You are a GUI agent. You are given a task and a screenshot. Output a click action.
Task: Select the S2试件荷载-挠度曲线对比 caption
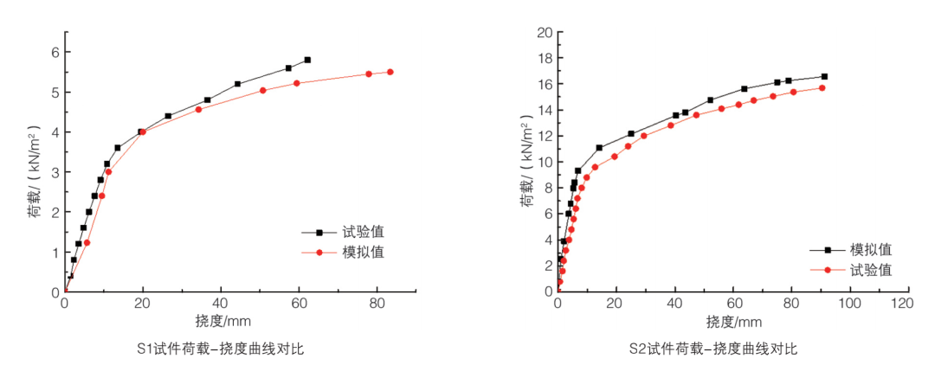tap(713, 349)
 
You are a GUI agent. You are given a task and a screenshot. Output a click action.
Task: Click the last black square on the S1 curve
tap(307, 60)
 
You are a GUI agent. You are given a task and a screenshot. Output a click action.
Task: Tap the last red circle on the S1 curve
tap(390, 72)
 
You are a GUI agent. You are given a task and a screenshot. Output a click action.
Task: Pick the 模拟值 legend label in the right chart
tap(871, 249)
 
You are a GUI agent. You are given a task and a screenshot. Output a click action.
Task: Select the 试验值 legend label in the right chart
tap(871, 270)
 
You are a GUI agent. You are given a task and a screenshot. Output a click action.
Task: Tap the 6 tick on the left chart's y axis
tap(53, 52)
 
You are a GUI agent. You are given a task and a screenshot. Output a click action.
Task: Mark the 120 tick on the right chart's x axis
tap(906, 304)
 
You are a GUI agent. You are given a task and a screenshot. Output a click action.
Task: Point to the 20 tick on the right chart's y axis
tap(544, 33)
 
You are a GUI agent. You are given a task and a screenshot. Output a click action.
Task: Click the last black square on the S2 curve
tap(824, 76)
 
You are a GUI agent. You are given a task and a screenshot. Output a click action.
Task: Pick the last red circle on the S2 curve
tap(822, 87)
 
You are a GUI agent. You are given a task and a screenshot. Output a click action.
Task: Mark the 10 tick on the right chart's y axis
tap(544, 162)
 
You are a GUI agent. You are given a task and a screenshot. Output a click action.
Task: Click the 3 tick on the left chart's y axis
tap(53, 172)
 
